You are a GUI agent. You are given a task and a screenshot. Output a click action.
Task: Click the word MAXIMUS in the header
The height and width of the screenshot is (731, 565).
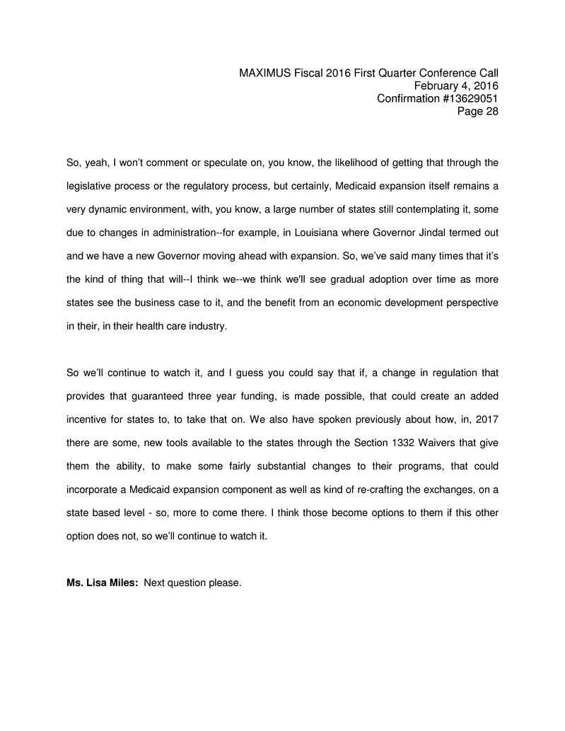click(264, 73)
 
